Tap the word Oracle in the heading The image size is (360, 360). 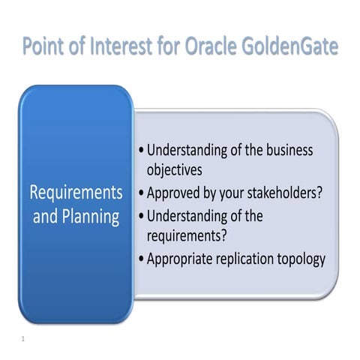pos(211,46)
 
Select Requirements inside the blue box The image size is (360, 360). pos(76,193)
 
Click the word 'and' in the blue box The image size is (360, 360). pos(45,218)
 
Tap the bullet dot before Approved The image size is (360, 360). pos(142,193)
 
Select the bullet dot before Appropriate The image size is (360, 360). pos(142,259)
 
